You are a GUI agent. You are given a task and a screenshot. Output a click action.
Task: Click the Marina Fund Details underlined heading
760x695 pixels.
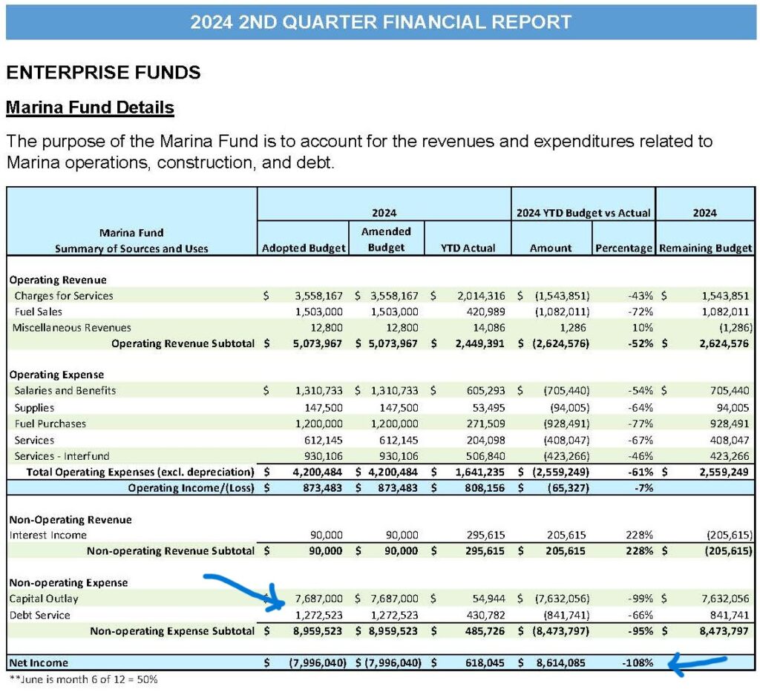click(90, 108)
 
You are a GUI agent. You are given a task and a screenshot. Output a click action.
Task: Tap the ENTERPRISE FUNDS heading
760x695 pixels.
click(103, 72)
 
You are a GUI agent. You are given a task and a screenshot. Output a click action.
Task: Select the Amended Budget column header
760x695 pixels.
click(386, 240)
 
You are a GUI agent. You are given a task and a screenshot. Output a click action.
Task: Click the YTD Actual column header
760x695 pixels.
click(468, 248)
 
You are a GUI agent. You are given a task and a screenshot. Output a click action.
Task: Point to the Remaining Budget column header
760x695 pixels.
click(705, 248)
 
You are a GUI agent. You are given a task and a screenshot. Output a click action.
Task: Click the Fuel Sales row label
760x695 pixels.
click(39, 312)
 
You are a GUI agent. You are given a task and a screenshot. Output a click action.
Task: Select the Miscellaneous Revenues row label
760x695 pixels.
click(71, 327)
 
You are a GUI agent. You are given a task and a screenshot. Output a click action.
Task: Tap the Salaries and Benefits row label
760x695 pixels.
click(65, 390)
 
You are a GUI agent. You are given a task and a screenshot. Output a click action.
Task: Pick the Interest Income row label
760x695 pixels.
click(48, 535)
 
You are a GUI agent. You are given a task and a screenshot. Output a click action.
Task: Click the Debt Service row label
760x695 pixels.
click(40, 615)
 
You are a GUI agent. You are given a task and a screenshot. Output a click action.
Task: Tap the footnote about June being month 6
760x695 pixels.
click(82, 679)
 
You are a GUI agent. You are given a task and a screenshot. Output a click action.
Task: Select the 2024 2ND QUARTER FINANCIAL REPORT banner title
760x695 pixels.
click(381, 22)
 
